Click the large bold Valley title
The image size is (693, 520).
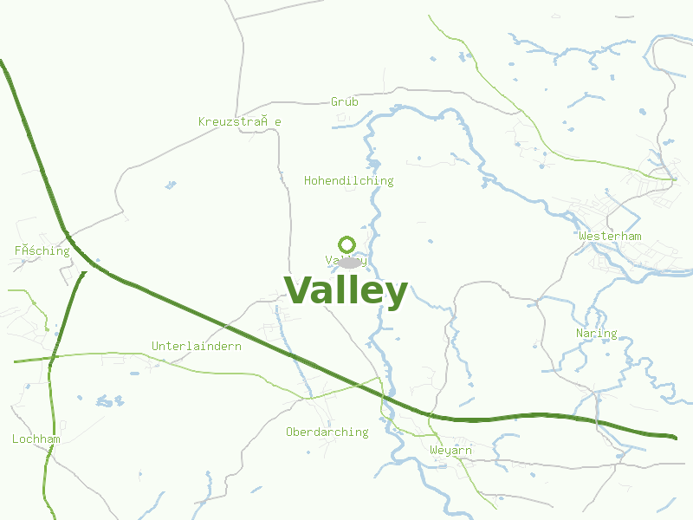click(346, 291)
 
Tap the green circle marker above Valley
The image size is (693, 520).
click(346, 244)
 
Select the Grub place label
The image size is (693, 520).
click(345, 101)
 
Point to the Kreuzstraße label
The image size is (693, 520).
click(239, 121)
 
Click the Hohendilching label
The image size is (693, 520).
click(348, 180)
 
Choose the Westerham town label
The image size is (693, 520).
click(610, 236)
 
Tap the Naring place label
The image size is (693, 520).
click(596, 333)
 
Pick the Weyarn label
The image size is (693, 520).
click(450, 450)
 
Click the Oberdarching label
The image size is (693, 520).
click(327, 432)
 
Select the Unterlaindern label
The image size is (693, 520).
click(196, 346)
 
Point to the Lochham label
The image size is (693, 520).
click(36, 439)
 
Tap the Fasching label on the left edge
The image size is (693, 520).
click(42, 250)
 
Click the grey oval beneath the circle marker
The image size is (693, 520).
click(346, 263)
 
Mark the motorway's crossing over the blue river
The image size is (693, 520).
click(384, 395)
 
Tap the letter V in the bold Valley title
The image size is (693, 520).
click(299, 291)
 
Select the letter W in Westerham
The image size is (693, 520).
click(583, 236)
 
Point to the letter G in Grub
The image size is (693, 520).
click(334, 101)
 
